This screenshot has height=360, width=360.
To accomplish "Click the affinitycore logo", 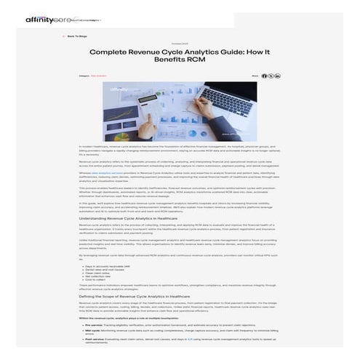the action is [x=44, y=20].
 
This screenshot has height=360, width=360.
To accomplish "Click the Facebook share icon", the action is [x=264, y=76].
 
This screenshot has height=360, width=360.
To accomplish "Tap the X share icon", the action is [x=271, y=76].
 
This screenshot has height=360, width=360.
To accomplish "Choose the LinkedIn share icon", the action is [x=277, y=76].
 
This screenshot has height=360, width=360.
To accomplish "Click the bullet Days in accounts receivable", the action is [x=103, y=267].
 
